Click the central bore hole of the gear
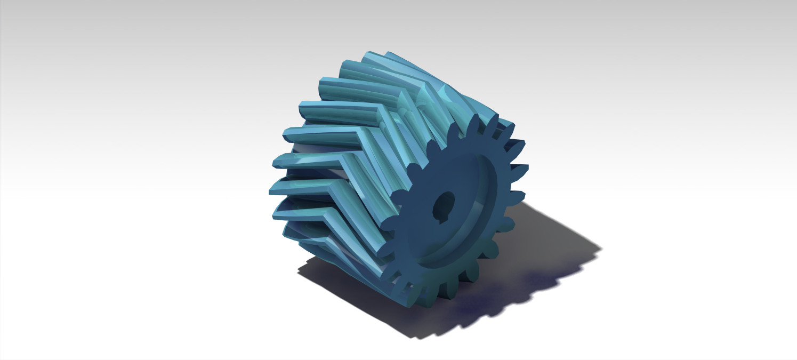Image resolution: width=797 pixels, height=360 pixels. (442, 203)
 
